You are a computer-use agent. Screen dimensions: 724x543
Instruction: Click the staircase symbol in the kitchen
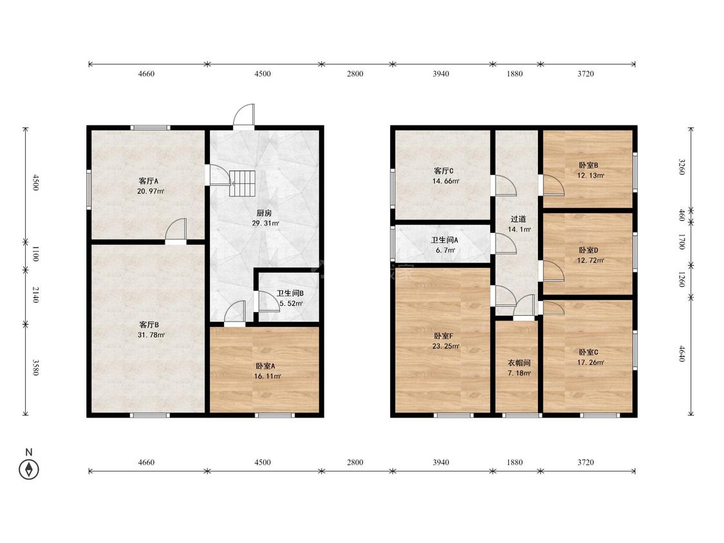242,183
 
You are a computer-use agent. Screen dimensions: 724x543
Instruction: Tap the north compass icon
28,470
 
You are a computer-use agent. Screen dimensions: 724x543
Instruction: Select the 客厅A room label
148,181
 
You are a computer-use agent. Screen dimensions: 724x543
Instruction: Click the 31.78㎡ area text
151,335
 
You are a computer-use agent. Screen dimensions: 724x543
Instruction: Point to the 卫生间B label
290,293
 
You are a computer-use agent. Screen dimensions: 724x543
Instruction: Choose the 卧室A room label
265,365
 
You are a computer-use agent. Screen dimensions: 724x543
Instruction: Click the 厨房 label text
264,213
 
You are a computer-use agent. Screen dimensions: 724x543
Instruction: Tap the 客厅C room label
443,171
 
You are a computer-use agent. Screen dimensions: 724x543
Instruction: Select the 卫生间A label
444,240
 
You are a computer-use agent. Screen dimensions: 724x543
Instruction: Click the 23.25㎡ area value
445,346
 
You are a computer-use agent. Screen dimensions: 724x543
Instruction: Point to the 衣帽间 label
519,363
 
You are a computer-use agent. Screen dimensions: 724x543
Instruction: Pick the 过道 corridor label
518,219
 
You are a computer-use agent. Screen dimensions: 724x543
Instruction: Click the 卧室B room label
588,165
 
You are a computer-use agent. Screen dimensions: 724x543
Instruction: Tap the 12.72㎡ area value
591,260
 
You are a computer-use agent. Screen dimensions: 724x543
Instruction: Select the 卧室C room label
588,352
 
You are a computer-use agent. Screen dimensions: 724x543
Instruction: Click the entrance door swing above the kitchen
244,116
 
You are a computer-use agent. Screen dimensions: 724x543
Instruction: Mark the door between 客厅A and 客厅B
176,231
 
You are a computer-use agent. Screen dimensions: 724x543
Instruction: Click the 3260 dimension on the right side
681,167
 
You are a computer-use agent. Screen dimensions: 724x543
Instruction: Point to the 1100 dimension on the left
35,253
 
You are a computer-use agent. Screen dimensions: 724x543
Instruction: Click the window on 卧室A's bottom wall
275,415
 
